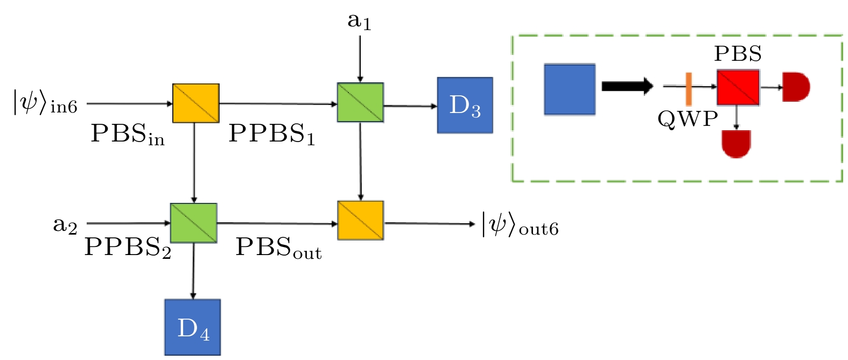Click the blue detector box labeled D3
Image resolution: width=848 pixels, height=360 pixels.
(x=465, y=105)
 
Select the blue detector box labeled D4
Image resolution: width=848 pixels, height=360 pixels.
(x=192, y=327)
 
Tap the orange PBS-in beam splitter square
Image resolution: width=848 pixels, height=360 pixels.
(x=195, y=103)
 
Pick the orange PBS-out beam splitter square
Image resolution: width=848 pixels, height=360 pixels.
(x=360, y=220)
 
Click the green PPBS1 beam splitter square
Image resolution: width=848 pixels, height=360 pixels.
(x=360, y=102)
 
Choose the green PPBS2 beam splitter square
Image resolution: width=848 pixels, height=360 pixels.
(x=193, y=223)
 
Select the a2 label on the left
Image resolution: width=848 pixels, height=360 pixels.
(x=65, y=224)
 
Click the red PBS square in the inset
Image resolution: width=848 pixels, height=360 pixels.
(x=738, y=87)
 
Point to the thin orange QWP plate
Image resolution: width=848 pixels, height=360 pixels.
(x=688, y=89)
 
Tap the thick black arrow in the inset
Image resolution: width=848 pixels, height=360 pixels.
(x=627, y=86)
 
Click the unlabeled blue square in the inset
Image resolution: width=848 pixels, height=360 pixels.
(x=569, y=89)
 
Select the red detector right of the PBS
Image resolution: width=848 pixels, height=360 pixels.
(x=796, y=87)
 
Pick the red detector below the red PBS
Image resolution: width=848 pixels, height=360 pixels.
(x=736, y=144)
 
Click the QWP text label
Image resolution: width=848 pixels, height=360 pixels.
(x=688, y=118)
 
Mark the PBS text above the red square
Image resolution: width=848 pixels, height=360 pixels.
(x=737, y=53)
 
